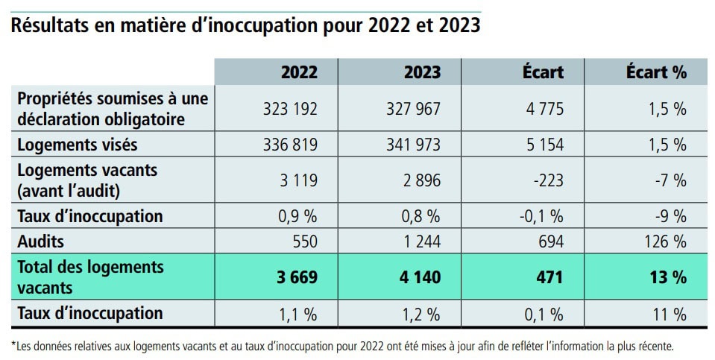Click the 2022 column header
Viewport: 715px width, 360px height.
299,72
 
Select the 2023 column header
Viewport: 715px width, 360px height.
422,72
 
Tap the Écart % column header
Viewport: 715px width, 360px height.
656,72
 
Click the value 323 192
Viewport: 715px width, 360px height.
290,109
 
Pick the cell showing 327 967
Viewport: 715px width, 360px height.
413,109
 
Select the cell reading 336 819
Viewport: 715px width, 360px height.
290,145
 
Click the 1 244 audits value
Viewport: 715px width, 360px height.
421,241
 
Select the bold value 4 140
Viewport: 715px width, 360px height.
421,277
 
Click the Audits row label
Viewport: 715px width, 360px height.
40,241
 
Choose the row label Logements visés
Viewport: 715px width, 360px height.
78,145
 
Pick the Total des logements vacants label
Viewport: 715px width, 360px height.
90,277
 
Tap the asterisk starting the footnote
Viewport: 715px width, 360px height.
13,344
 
